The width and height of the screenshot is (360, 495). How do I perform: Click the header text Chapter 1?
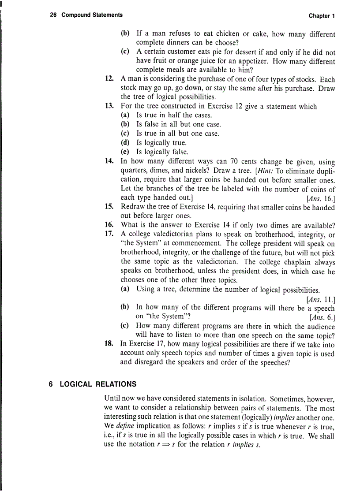tap(322, 16)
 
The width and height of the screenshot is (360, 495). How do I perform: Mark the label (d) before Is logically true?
tap(125, 142)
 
